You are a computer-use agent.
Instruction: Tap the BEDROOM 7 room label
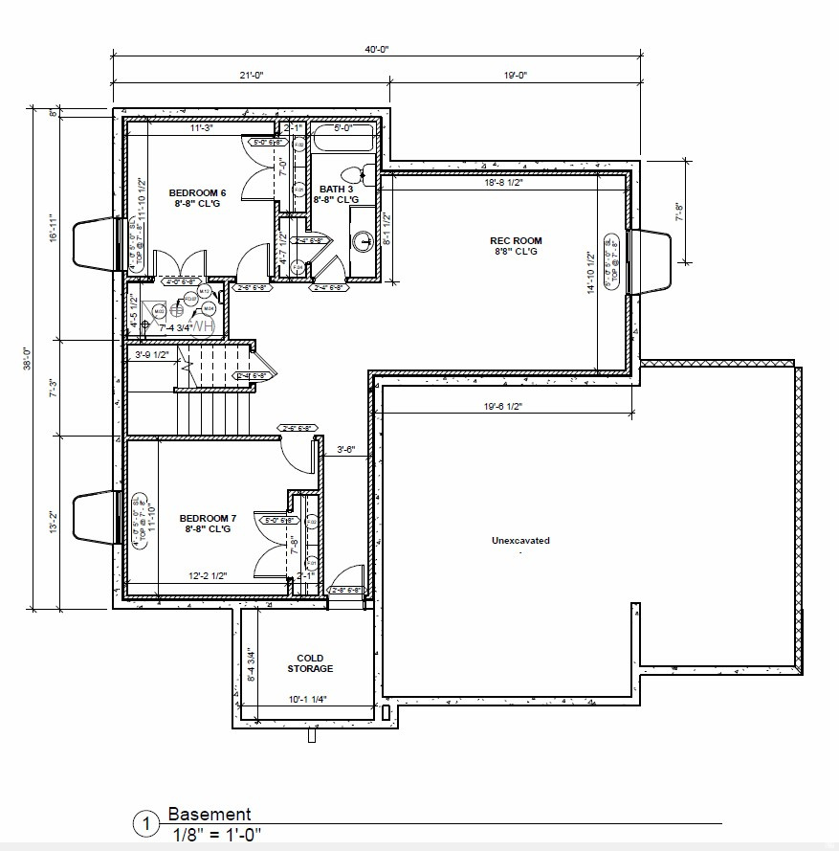(x=206, y=523)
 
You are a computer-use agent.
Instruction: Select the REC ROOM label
(x=516, y=246)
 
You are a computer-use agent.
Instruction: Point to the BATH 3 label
(x=337, y=194)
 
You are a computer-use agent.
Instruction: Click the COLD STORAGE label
(x=310, y=663)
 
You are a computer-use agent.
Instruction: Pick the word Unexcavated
(x=520, y=541)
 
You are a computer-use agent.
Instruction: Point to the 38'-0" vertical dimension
(x=30, y=357)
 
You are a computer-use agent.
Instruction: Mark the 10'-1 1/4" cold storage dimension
(x=306, y=700)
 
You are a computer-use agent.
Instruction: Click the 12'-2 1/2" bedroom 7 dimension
(x=207, y=576)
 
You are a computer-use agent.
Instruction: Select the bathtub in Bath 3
(x=343, y=141)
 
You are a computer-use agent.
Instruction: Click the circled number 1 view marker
(x=146, y=824)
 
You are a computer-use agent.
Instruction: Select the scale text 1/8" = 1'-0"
(x=217, y=834)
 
